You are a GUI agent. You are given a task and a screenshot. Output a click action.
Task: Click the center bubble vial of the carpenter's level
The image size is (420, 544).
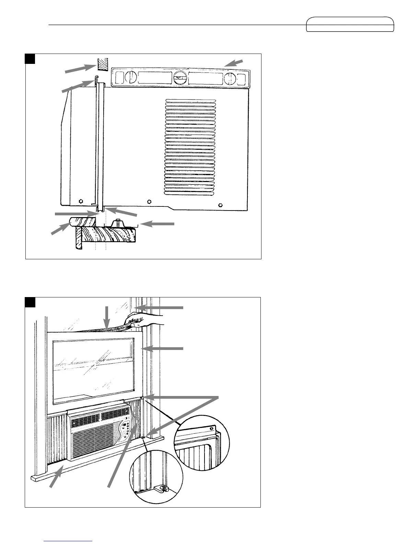[178, 78]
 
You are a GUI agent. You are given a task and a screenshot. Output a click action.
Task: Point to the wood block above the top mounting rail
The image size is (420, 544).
[102, 64]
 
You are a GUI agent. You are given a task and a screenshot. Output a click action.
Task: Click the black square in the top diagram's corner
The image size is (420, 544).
[30, 59]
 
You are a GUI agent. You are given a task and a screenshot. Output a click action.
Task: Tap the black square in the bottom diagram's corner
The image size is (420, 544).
[30, 302]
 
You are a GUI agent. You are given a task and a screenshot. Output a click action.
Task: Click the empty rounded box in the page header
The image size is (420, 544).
[350, 24]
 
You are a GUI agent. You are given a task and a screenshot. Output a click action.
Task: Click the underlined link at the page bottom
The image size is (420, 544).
[69, 541]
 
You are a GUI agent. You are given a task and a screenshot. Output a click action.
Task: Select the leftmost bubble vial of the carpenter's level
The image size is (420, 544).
[130, 78]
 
